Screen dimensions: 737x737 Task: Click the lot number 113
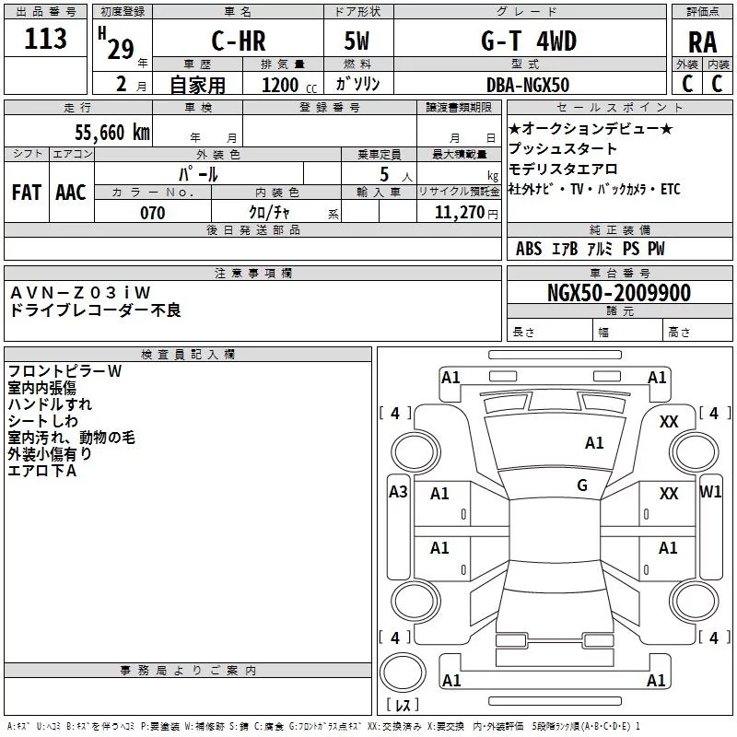46,40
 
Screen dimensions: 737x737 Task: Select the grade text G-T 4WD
528,42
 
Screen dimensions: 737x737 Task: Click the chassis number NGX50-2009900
618,294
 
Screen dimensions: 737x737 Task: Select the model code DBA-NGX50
528,85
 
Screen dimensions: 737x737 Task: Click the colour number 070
153,213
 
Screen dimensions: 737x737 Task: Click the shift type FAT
27,193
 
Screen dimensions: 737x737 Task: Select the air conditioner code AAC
71,193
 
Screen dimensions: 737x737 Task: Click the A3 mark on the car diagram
398,492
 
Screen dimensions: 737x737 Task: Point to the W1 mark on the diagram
710,492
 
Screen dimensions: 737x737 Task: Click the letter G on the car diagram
582,485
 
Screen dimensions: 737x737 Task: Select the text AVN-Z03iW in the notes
81,292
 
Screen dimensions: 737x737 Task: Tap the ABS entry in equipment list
529,249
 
